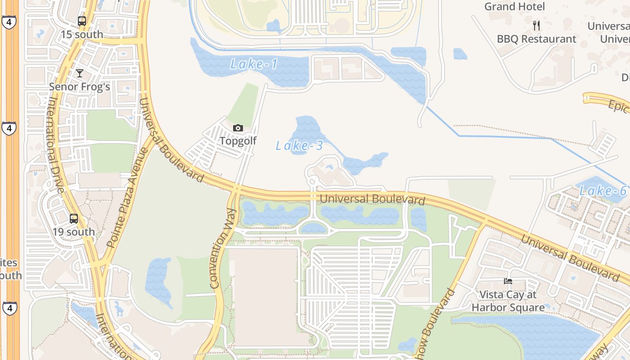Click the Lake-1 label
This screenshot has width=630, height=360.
(x=254, y=64)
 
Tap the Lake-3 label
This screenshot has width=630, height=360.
(x=299, y=146)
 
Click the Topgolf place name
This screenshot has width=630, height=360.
(x=238, y=141)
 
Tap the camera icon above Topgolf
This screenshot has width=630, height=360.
(x=238, y=128)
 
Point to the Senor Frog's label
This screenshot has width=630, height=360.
(x=79, y=87)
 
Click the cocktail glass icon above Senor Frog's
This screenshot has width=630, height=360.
(x=80, y=73)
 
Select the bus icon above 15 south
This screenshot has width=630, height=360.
(x=81, y=21)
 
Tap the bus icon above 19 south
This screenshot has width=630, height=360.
(x=74, y=219)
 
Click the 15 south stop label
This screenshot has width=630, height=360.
(x=82, y=35)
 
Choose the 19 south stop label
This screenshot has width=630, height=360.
(x=74, y=232)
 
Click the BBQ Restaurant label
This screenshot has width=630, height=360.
(x=536, y=39)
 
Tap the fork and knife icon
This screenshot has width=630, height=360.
(x=536, y=26)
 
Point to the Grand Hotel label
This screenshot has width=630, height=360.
(x=514, y=7)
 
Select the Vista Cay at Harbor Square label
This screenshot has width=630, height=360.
(x=508, y=301)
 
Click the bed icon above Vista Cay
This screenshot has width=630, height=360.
(x=508, y=282)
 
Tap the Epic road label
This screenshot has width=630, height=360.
(x=617, y=106)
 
